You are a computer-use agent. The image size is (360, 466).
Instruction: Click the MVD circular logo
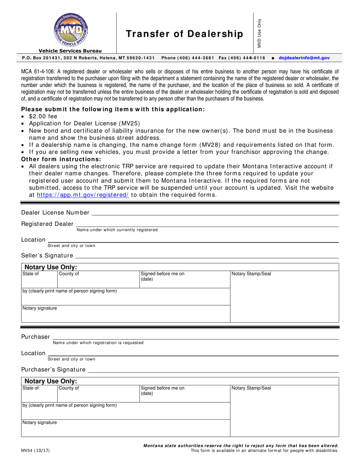[70, 30]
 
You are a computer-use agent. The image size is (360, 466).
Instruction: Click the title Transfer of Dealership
[184, 34]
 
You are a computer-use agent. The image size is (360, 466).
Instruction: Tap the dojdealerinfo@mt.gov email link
[304, 58]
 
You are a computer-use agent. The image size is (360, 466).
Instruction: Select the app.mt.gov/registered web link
[83, 195]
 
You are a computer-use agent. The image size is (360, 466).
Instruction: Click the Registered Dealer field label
[47, 224]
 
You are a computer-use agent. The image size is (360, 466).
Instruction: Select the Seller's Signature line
[207, 256]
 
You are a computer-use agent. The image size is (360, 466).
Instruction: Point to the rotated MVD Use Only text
[260, 33]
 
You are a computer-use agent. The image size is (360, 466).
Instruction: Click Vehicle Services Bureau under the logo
[70, 51]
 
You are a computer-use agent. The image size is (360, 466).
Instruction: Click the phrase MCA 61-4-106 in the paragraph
[38, 71]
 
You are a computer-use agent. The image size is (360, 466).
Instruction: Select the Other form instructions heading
[61, 159]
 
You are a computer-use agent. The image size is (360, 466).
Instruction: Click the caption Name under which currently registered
[117, 230]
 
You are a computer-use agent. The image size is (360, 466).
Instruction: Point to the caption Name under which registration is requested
[98, 343]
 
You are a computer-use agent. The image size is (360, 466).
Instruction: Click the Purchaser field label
[36, 337]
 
